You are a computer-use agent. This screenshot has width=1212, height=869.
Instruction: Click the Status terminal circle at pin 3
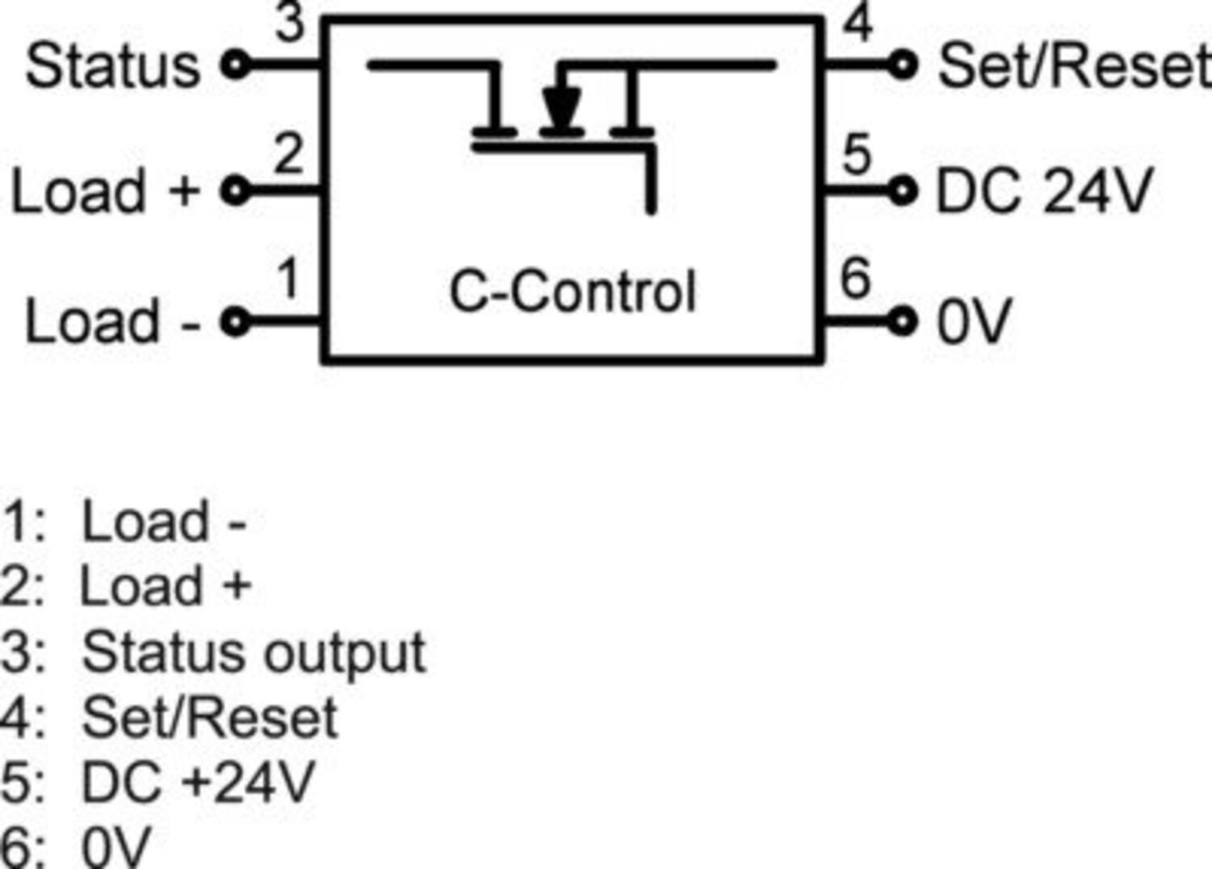[x=236, y=64]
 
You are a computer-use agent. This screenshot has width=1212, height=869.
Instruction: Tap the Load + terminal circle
[x=235, y=191]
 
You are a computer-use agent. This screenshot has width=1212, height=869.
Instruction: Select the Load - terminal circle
[x=235, y=322]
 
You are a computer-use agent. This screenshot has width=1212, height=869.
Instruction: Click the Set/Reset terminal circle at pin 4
[x=903, y=64]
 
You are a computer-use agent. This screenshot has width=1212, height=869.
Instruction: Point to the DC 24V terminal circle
[x=903, y=191]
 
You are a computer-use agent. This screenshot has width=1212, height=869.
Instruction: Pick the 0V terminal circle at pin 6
[x=903, y=321]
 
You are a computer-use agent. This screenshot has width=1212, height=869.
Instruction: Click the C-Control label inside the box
[x=572, y=292]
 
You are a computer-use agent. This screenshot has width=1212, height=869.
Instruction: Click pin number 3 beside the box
[x=290, y=23]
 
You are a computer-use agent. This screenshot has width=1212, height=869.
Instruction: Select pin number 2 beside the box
[x=288, y=153]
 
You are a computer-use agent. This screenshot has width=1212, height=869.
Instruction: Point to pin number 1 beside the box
[x=288, y=278]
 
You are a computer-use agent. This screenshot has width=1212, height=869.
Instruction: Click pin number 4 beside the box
[x=858, y=23]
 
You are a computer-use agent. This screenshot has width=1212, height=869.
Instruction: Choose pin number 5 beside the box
[x=857, y=153]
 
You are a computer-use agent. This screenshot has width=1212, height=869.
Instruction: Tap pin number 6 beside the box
[x=856, y=278]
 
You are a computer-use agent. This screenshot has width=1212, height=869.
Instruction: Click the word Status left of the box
[x=113, y=66]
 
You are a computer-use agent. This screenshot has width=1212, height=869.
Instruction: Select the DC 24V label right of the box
[x=1043, y=192]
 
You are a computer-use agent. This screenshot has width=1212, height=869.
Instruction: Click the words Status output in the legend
[x=254, y=653]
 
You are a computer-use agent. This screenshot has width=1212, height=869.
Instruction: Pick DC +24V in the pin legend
[x=197, y=782]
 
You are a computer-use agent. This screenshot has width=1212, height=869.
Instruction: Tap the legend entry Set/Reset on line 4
[x=209, y=717]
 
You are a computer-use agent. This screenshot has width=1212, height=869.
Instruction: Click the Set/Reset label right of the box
[x=1073, y=66]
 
